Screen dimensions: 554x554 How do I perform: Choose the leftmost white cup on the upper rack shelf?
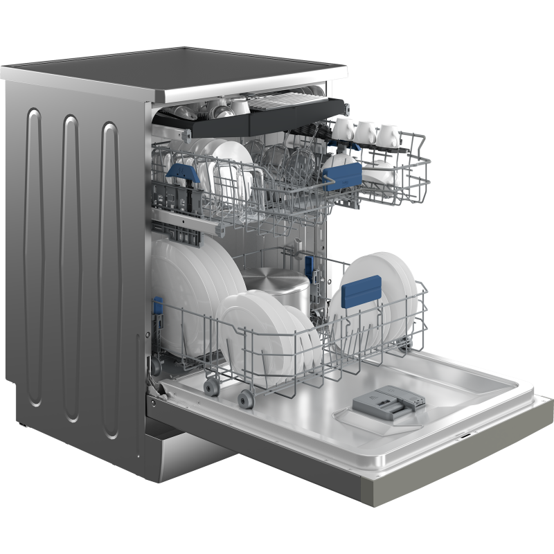pyautogui.click(x=343, y=129)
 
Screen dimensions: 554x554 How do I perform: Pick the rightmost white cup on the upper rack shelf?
pyautogui.click(x=388, y=135)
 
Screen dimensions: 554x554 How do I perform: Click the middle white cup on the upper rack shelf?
pyautogui.click(x=365, y=132)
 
